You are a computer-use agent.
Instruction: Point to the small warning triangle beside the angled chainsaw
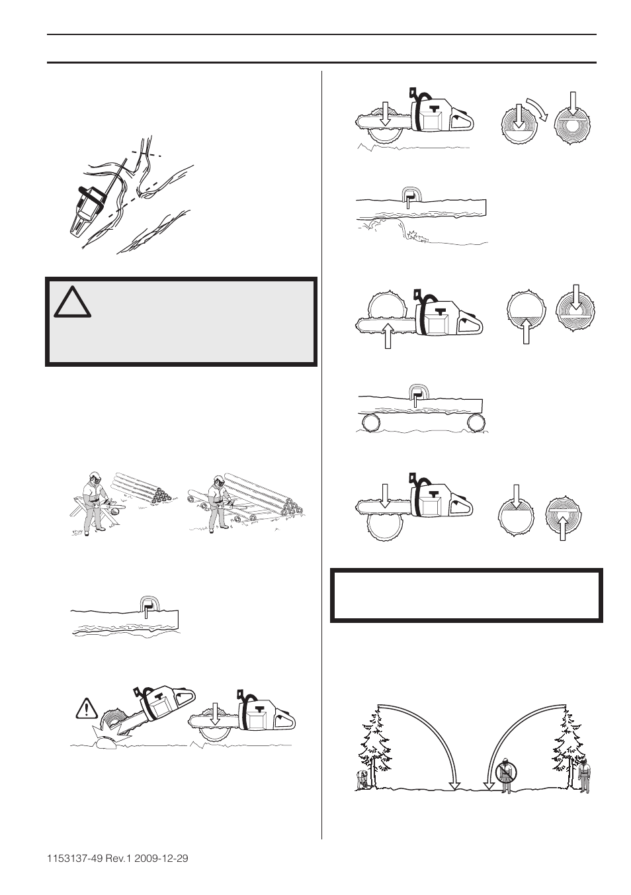pyautogui.click(x=87, y=709)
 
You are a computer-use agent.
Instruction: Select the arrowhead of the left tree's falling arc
pyautogui.click(x=454, y=786)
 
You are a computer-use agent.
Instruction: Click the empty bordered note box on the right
pyautogui.click(x=466, y=594)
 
